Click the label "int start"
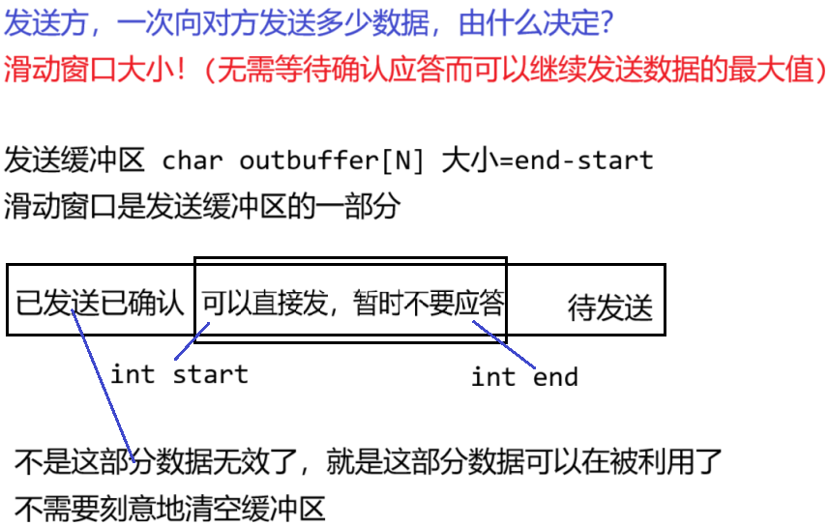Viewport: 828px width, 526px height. pos(179,374)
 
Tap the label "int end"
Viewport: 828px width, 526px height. pos(524,377)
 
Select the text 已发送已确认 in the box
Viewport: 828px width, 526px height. pos(100,304)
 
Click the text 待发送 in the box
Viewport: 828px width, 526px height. pos(609,308)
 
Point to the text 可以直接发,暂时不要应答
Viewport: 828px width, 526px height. pos(352,304)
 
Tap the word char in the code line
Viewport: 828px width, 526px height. pos(191,160)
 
